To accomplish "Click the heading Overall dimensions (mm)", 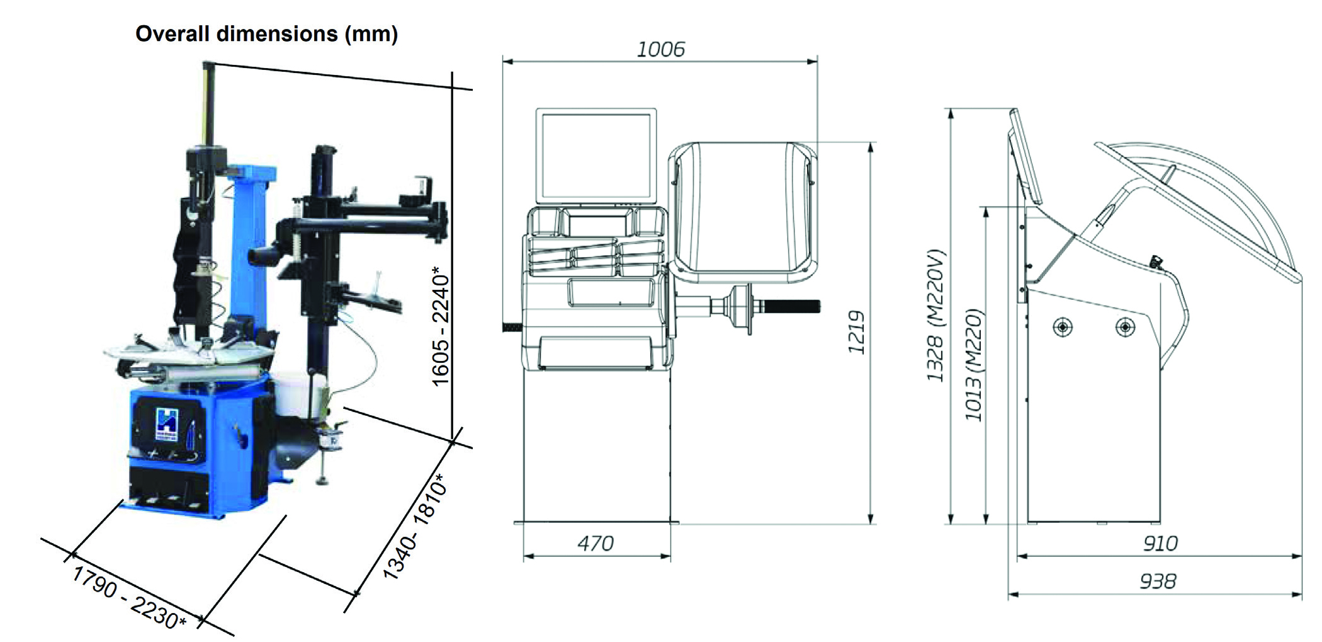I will click(x=266, y=34).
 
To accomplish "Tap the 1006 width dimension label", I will click(x=660, y=49).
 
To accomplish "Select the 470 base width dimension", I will click(x=595, y=543).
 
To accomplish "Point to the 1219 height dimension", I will click(x=856, y=332).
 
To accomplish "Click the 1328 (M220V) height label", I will click(x=936, y=316).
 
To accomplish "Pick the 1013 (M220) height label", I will click(x=973, y=365).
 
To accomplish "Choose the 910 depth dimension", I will click(x=1160, y=543).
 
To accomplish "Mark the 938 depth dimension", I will click(x=1157, y=581).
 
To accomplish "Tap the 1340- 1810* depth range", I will click(x=415, y=526).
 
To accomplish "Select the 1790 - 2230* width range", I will click(x=129, y=597).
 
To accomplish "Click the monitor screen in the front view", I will click(x=596, y=155).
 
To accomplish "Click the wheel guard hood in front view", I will click(x=743, y=211).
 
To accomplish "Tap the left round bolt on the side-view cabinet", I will click(x=1063, y=327).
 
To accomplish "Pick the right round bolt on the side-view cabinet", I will click(x=1125, y=327).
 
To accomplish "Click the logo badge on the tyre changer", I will click(x=167, y=425).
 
